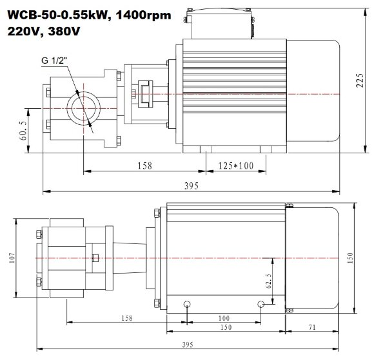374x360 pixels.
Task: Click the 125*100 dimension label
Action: [235, 166]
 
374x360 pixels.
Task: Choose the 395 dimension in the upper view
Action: [190, 185]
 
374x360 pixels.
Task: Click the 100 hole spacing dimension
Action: [223, 318]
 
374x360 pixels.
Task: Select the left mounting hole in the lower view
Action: [186, 303]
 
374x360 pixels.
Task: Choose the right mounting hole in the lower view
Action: [261, 303]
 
